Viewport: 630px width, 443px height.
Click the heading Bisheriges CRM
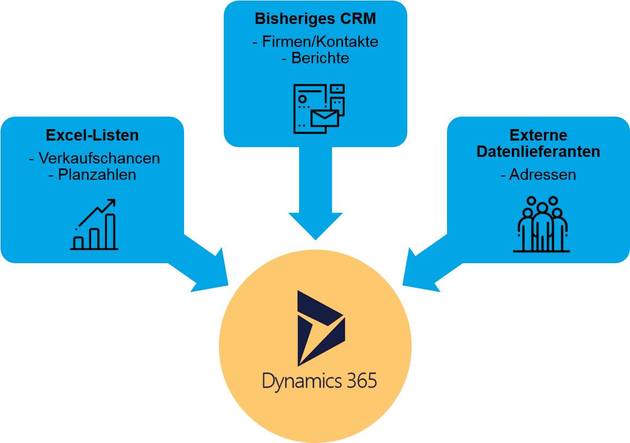tap(315, 19)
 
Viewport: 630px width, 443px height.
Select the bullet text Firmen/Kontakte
tap(320, 42)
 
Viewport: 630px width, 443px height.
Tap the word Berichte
tap(320, 58)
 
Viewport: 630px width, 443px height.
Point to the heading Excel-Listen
tap(92, 135)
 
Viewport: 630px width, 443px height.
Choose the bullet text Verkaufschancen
tap(99, 158)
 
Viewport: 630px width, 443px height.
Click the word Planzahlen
tap(97, 174)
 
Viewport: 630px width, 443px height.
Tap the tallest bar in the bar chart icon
tap(110, 230)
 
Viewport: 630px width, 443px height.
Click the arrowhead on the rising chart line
tap(111, 203)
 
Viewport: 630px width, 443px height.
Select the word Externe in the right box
tap(538, 135)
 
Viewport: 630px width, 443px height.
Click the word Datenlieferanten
tap(538, 151)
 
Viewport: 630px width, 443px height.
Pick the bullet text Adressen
tap(542, 174)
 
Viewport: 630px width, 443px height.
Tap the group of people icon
tap(541, 224)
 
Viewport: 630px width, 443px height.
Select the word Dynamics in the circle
tap(302, 380)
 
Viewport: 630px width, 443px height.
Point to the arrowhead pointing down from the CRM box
tap(315, 226)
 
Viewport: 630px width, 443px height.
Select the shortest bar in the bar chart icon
tap(78, 242)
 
